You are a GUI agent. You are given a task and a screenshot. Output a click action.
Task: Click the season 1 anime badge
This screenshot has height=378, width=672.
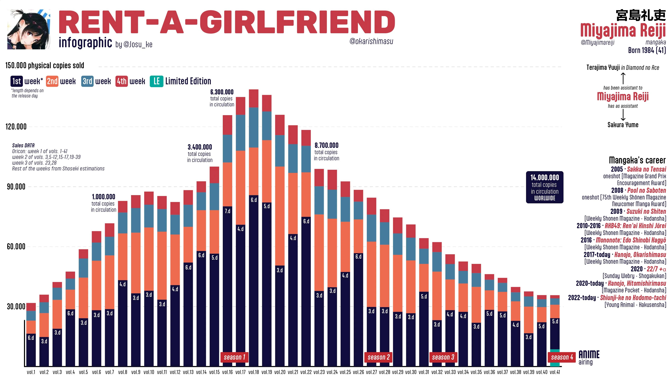point(234,357)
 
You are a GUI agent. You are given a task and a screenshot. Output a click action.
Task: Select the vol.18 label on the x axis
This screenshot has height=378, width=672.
point(254,372)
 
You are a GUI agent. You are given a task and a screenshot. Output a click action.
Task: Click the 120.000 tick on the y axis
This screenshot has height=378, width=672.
point(16,127)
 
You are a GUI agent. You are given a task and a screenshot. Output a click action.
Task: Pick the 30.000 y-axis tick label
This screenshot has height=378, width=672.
point(16,307)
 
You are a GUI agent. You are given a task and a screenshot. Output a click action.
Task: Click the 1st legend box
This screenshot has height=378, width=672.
point(17,81)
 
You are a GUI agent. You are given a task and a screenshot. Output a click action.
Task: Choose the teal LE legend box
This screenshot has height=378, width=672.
point(156,81)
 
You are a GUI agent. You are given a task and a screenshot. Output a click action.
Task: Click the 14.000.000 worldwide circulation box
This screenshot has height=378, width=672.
point(544,187)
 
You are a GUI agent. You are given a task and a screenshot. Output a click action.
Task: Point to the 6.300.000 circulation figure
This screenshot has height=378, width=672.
point(222,92)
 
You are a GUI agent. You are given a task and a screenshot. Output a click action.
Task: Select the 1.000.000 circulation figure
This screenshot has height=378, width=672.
point(104,197)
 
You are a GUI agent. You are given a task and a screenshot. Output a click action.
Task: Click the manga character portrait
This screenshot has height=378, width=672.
point(29,29)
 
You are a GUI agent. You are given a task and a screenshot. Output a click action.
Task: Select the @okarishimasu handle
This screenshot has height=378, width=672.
point(371,41)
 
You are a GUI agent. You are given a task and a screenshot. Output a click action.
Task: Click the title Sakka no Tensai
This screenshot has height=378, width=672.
point(646,169)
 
